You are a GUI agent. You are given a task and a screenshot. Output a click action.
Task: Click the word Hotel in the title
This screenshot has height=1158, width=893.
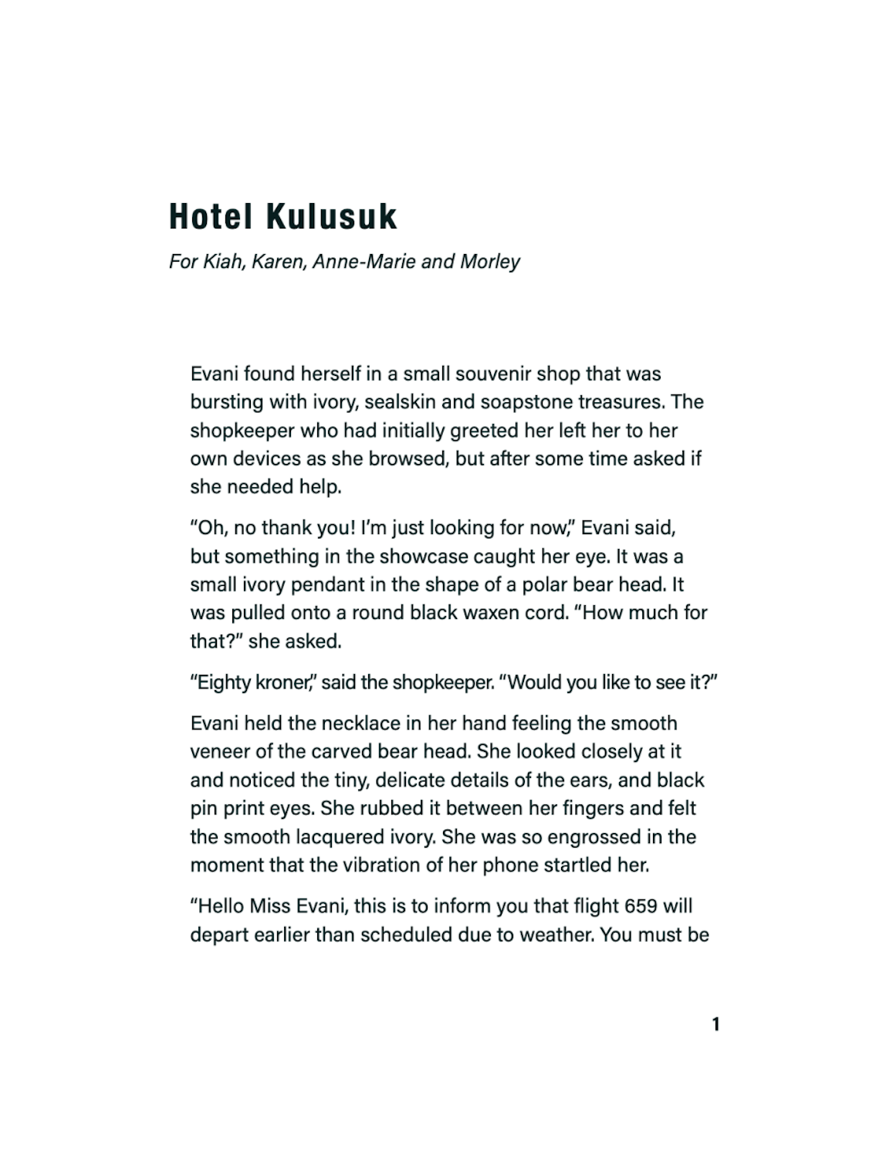tap(210, 217)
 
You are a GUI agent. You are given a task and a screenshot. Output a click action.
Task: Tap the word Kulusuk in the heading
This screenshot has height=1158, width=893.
tap(332, 217)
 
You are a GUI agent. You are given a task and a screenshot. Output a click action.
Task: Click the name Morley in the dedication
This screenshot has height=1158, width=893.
tap(490, 262)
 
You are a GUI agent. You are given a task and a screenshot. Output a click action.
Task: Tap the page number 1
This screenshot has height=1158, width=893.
tap(715, 1024)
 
